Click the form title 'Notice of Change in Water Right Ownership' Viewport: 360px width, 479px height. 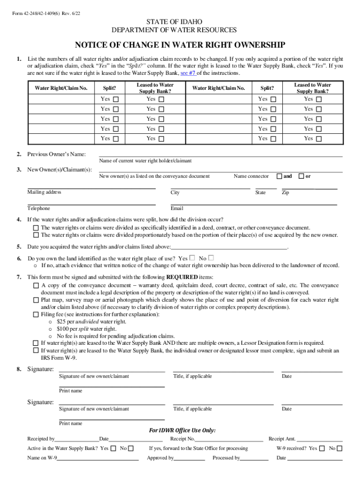coord(180,45)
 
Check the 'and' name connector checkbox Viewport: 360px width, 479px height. coord(279,176)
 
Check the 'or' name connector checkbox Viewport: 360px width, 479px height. coord(302,176)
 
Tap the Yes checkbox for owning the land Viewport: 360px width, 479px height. coord(193,258)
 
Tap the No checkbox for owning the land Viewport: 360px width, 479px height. coord(211,258)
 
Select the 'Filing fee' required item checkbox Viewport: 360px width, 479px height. coord(36,315)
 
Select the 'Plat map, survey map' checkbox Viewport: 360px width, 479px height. coord(36,300)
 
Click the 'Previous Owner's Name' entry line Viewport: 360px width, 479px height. coord(220,154)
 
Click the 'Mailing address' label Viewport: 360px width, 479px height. coord(44,192)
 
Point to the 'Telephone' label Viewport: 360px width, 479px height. coord(38,209)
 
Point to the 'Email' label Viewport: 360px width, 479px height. coord(177,209)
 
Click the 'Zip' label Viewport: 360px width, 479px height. coord(285,193)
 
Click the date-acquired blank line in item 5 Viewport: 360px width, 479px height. coord(229,247)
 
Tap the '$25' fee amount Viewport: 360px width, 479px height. coord(61,322)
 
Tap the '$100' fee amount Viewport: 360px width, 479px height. coord(63,329)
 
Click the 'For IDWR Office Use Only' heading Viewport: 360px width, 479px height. coord(182,430)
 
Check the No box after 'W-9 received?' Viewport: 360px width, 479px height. coord(339,449)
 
